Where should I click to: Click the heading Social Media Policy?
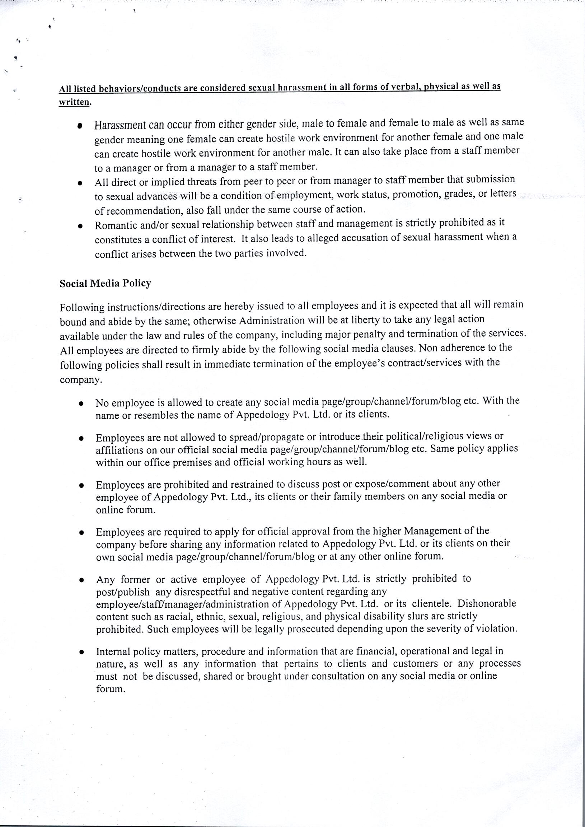click(105, 284)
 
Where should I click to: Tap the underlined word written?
click(74, 102)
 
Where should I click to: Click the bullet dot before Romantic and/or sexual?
click(81, 226)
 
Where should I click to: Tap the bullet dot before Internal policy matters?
click(82, 652)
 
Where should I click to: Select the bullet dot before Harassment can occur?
click(80, 126)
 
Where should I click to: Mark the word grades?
click(459, 194)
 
